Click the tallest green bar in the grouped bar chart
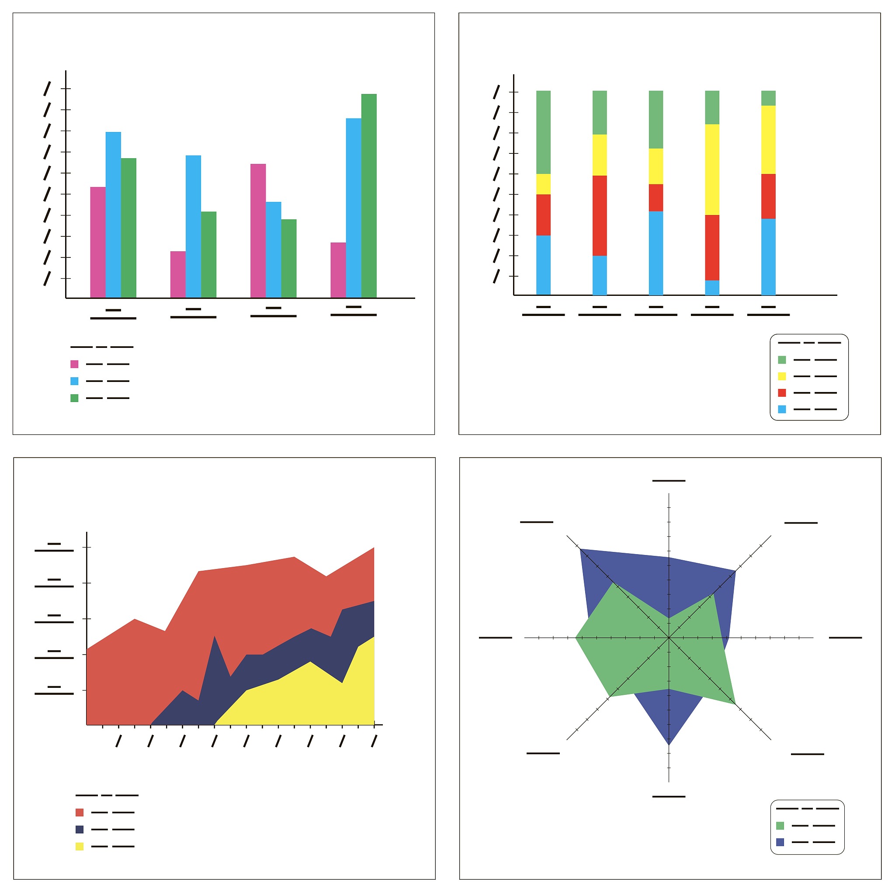(369, 194)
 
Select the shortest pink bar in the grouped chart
(178, 274)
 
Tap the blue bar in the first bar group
(113, 213)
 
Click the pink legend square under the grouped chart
(74, 364)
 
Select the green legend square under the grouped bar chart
(74, 398)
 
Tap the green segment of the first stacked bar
(543, 132)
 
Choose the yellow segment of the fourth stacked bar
(712, 169)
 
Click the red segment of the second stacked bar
(600, 215)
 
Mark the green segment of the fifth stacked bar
(768, 98)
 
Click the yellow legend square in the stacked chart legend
(782, 376)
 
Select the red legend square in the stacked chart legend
(782, 393)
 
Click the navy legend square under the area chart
(80, 829)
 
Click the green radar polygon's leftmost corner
(576, 638)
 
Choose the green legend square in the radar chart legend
(780, 826)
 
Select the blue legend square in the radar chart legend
(780, 842)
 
